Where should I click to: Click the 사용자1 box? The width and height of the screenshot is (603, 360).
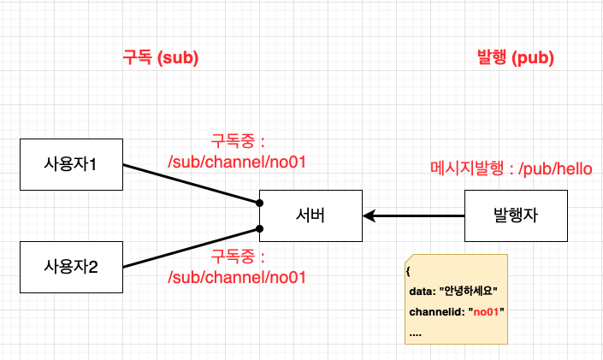coord(70,163)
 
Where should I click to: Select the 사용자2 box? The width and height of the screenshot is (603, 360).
coord(70,267)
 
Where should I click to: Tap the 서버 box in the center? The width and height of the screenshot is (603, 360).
coord(310,215)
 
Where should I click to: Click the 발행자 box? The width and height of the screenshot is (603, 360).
coord(516,215)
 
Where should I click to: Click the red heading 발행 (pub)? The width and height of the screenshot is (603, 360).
coord(515,58)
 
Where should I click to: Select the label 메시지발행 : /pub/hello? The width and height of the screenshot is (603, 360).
coord(511,169)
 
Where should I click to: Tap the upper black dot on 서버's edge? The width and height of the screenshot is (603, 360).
coord(258,203)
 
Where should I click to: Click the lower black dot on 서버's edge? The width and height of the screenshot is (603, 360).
coord(258,229)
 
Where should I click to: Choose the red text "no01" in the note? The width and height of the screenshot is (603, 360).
coord(486,312)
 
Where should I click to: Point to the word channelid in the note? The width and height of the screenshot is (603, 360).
coord(436,312)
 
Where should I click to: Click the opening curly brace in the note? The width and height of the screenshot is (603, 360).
coord(410,271)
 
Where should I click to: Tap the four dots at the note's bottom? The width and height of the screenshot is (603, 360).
coord(416,333)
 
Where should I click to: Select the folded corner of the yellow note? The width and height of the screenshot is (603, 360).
coord(410,259)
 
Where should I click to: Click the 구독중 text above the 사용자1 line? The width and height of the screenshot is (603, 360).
coord(239,139)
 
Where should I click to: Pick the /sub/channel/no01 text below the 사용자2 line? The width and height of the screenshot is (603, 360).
coord(238,276)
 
